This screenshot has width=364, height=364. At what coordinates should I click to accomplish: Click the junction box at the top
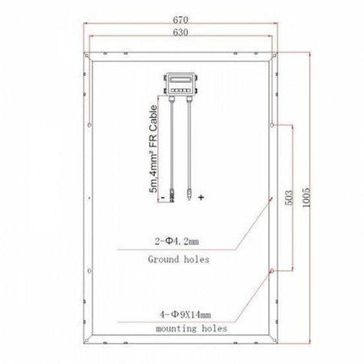tap(181, 81)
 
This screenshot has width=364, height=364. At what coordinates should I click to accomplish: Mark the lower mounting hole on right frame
tap(272, 270)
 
